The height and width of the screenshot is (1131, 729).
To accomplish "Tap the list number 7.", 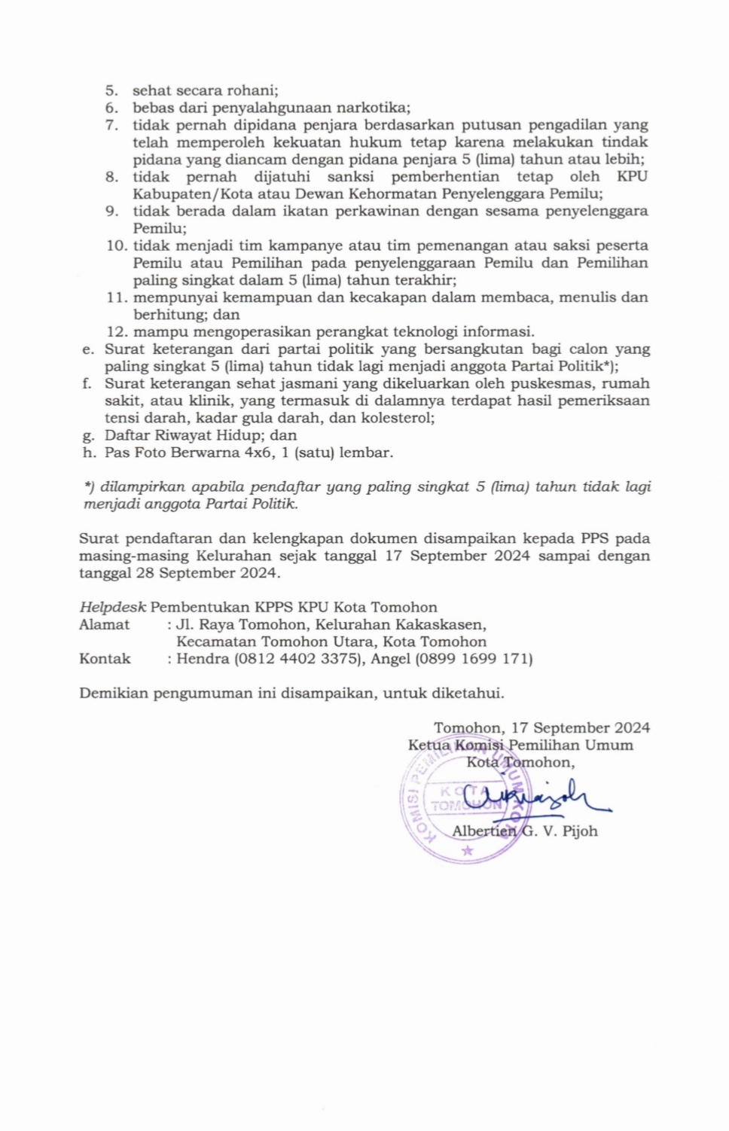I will [111, 125].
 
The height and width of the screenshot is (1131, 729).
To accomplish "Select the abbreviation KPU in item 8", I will [632, 177].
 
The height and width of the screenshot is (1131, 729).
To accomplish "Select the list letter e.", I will [88, 349].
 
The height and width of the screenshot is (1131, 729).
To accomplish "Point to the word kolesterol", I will [397, 419].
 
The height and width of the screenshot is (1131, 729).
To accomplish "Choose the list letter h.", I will [90, 453].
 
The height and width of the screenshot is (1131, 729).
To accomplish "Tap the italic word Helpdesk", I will [112, 608].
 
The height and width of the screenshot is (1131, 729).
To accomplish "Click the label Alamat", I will [105, 625].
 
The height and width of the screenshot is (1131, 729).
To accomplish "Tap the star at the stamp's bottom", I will [468, 851].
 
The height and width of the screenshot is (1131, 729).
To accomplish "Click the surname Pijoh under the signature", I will [580, 831].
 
